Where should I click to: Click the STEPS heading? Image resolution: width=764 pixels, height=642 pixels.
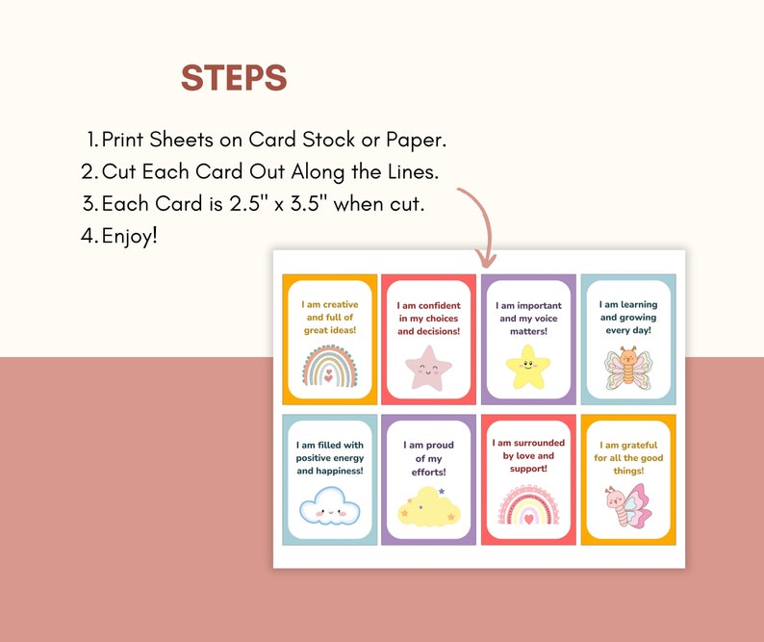point(234,78)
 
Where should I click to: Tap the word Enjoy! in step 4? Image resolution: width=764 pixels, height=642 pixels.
point(130,236)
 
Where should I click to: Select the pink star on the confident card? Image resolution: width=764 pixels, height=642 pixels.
point(428,368)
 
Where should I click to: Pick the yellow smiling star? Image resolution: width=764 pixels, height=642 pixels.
point(528,367)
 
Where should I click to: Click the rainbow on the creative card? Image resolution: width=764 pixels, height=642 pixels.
point(330,366)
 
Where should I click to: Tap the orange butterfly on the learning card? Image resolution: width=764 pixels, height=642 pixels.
point(628,368)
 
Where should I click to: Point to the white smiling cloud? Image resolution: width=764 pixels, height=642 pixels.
point(329,506)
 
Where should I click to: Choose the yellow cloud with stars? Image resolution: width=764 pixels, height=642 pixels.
point(429,507)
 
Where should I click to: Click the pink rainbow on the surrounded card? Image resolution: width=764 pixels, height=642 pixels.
point(528,504)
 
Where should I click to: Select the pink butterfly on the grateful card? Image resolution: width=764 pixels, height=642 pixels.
point(628,505)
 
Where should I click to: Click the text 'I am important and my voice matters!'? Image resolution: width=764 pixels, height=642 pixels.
point(528,319)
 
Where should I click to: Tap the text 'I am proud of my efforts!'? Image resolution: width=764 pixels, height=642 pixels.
point(429,458)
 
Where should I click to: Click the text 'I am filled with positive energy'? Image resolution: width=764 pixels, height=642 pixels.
point(330,451)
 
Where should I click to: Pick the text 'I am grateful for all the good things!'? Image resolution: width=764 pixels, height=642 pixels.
point(628,458)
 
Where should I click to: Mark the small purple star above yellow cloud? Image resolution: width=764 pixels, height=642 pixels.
point(442,491)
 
